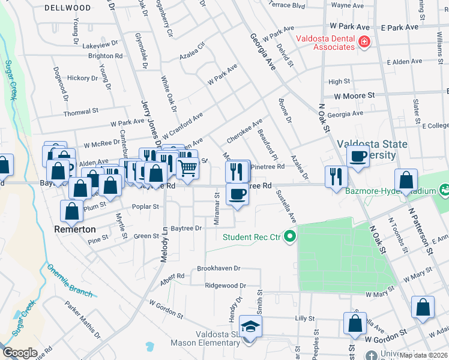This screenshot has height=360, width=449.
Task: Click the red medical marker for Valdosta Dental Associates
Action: tap(364, 42)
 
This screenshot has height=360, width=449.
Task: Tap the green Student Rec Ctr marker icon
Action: tap(291, 236)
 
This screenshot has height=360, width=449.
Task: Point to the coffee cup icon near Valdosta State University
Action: tap(358, 157)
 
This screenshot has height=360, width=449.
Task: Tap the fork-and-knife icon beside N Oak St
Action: tap(336, 176)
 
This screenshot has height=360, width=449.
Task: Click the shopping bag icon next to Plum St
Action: tap(72, 211)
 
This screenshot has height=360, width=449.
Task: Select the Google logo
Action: tap(20, 353)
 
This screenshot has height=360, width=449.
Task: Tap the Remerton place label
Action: tap(74, 229)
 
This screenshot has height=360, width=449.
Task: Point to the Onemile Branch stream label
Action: tap(70, 280)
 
